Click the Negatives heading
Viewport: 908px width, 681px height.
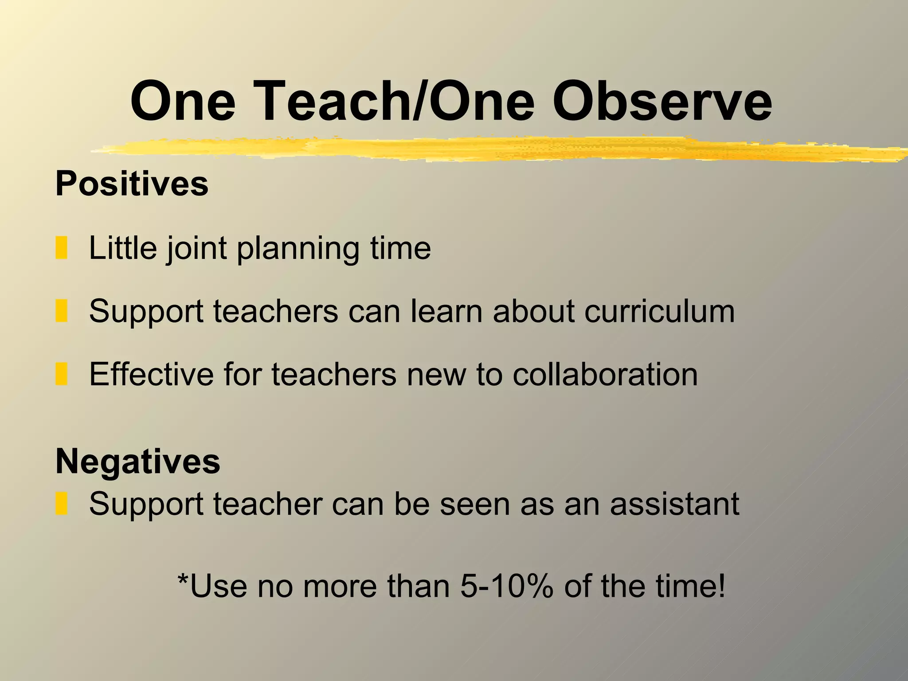pyautogui.click(x=137, y=461)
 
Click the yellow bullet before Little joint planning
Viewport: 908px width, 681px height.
pyautogui.click(x=61, y=248)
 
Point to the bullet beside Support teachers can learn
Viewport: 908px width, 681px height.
pyautogui.click(x=61, y=311)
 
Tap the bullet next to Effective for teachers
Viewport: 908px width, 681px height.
pyautogui.click(x=61, y=374)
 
